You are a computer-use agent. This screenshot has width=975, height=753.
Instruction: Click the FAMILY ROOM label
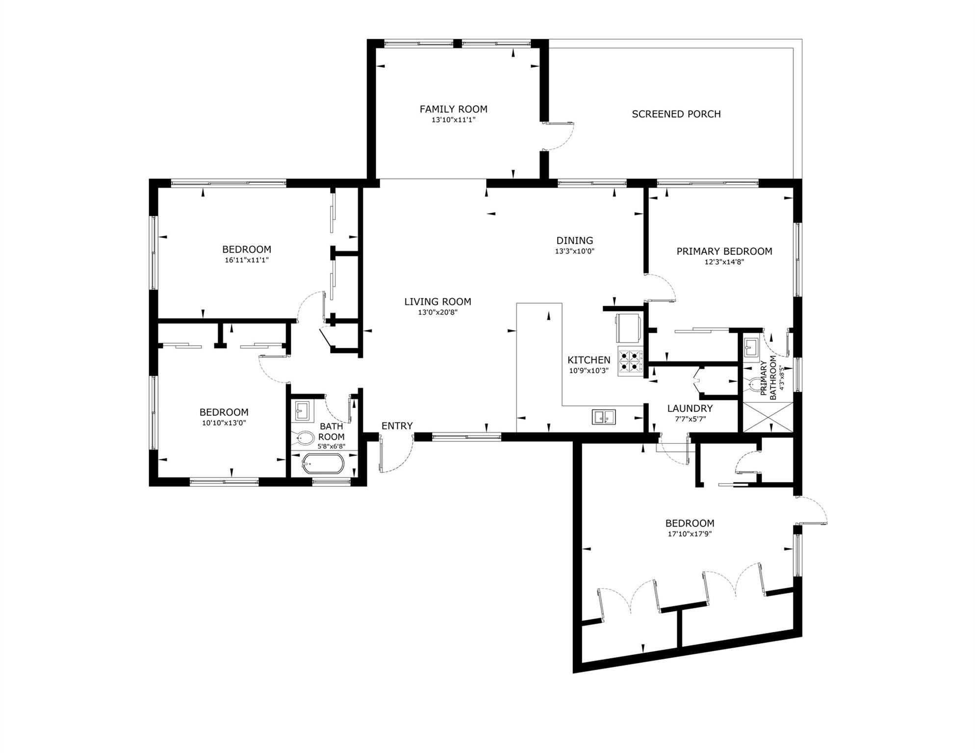pos(453,109)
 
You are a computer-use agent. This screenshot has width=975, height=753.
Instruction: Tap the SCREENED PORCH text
pos(676,114)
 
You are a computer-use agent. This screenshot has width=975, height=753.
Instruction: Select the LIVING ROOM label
pos(437,302)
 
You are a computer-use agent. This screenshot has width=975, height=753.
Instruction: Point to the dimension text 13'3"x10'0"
pos(575,251)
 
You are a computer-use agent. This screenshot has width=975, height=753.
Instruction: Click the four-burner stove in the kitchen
pos(630,361)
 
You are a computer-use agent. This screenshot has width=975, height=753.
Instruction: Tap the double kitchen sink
pos(604,417)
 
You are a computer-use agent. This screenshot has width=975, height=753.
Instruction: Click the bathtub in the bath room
pos(322,464)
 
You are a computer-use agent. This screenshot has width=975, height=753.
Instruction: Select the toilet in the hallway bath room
pos(304,438)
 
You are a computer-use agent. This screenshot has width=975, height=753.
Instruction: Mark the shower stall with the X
pos(768,417)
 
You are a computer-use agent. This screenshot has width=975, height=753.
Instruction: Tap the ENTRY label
pos(397,426)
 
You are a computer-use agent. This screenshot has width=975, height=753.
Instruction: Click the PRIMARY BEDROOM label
pos(724,251)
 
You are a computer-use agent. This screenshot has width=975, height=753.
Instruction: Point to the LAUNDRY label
pos(690,408)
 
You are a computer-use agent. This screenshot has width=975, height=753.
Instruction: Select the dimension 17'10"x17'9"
pos(690,534)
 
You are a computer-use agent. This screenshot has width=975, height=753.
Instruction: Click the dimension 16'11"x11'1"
pos(247,260)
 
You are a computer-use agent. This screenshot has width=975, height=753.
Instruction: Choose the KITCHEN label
pos(589,360)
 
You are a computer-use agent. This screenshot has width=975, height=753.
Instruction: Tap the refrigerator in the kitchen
pos(628,328)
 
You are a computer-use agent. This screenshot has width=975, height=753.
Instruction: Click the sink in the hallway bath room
pos(303,410)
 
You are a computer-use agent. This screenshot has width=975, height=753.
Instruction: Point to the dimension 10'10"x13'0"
pos(224,423)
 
